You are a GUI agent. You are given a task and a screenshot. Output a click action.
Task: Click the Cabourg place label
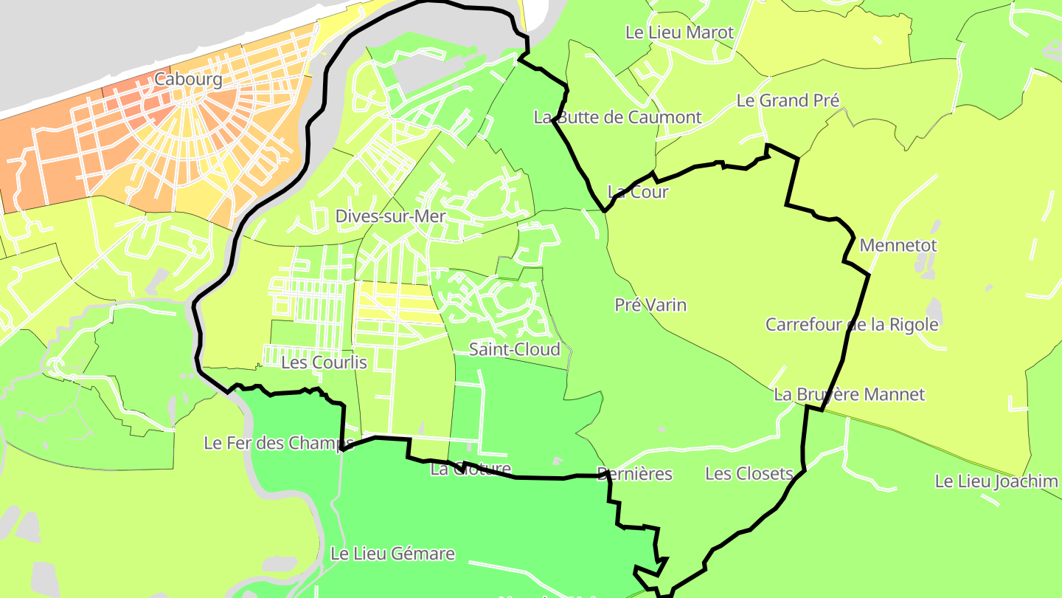(x=188, y=80)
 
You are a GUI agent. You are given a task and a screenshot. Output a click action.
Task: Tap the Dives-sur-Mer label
(x=391, y=216)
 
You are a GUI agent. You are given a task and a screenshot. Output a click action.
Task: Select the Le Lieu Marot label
(x=679, y=32)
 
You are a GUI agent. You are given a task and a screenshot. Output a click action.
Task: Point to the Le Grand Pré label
(x=788, y=100)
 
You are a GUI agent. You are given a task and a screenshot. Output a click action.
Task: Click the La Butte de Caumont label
(x=617, y=117)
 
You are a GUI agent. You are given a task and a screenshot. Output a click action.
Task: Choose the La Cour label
(x=637, y=192)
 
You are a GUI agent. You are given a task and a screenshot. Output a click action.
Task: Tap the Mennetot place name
(x=898, y=245)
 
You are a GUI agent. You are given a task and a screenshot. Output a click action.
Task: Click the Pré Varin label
(x=650, y=304)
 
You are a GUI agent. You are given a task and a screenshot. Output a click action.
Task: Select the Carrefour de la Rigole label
(x=852, y=324)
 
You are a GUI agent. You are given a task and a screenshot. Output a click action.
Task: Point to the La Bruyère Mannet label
(x=849, y=394)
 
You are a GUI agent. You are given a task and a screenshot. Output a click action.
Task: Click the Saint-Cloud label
(x=515, y=349)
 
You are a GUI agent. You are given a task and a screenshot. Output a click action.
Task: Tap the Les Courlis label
(x=324, y=362)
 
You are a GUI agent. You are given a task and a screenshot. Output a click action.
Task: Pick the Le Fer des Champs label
(x=278, y=443)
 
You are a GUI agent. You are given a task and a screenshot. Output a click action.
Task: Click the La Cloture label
(x=471, y=469)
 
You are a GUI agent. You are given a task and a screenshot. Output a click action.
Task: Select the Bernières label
(x=635, y=473)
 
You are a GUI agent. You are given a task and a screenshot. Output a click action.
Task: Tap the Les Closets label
(x=749, y=473)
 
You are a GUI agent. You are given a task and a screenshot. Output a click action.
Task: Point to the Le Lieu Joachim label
(x=996, y=481)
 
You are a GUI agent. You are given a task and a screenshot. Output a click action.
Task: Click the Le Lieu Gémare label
(x=392, y=553)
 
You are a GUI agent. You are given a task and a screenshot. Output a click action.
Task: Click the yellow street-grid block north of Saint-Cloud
(x=398, y=303)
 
